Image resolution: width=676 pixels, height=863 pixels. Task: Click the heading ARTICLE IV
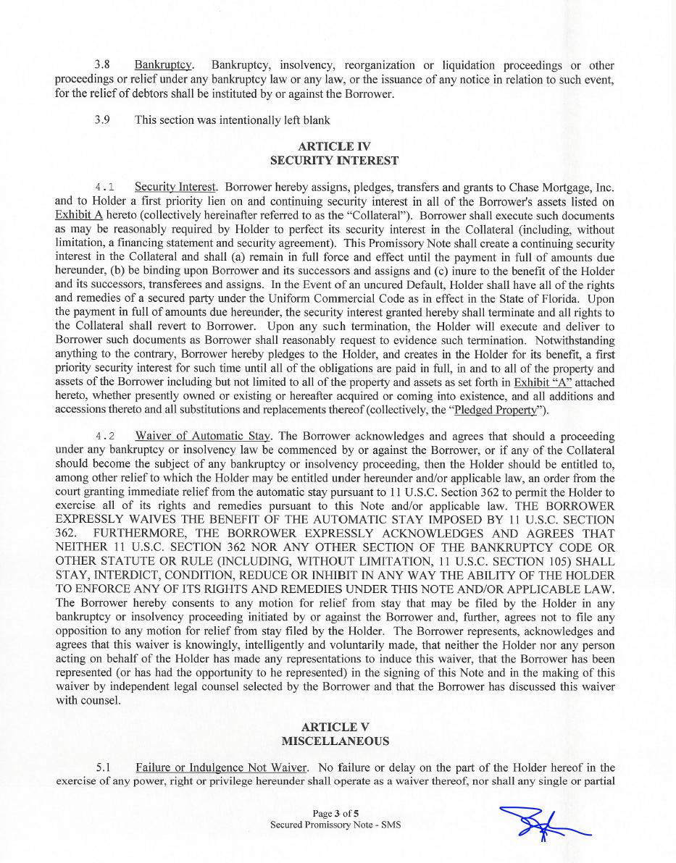[334, 147]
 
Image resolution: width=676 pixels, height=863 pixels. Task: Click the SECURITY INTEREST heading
[334, 160]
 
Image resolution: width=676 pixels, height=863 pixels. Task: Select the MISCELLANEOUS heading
[335, 741]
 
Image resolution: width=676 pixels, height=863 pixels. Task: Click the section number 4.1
[105, 188]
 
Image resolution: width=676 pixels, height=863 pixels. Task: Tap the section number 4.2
[105, 437]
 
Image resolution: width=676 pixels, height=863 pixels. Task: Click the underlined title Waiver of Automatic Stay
[203, 437]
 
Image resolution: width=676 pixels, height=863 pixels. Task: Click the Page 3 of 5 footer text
[335, 813]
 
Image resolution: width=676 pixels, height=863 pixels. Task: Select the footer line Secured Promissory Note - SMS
[335, 825]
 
